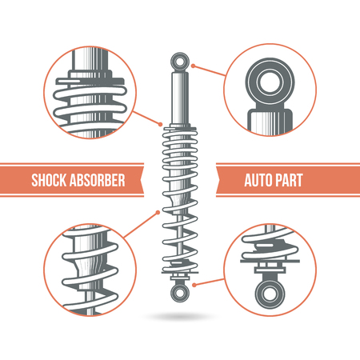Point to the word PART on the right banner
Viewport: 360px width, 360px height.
tap(290, 180)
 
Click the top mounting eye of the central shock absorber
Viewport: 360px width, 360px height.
tap(180, 61)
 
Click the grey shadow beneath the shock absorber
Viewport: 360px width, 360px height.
tap(180, 318)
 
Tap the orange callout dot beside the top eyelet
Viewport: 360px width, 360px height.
tap(194, 66)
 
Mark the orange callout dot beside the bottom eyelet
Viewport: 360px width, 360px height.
tap(195, 282)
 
